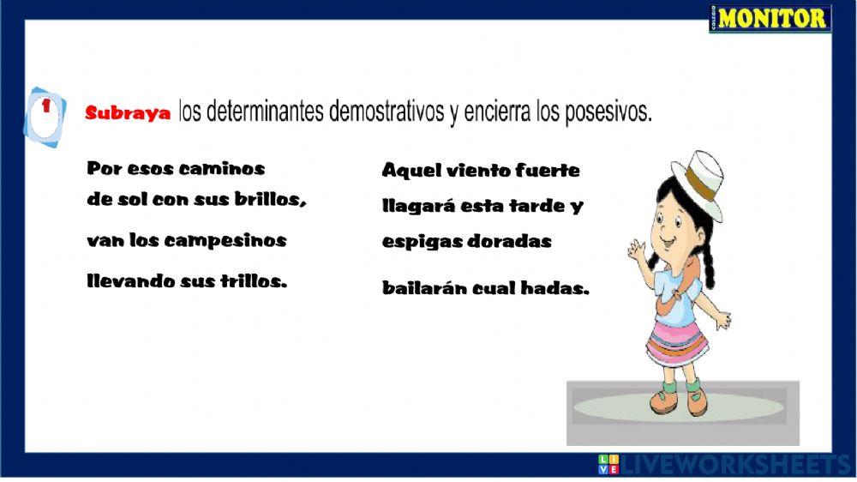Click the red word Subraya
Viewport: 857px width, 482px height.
point(128,114)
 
